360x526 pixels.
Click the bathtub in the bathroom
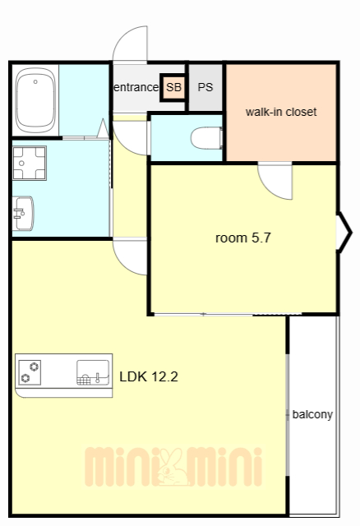pos(35,100)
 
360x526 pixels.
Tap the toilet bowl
pos(206,138)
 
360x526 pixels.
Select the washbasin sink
pos(23,214)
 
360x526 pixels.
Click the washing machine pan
pos(30,163)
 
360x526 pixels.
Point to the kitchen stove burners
pos(30,372)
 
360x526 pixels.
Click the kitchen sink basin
pos(93,372)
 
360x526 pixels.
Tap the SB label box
pos(173,87)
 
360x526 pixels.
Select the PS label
pos(205,87)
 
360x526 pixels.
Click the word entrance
pos(136,87)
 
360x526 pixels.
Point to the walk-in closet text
pos(281,112)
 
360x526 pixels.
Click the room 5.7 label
pos(243,238)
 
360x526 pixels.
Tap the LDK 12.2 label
pos(149,376)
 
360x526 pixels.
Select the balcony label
pos(312,414)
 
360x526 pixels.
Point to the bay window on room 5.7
pos(344,232)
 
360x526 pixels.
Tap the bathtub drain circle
pos(35,81)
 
